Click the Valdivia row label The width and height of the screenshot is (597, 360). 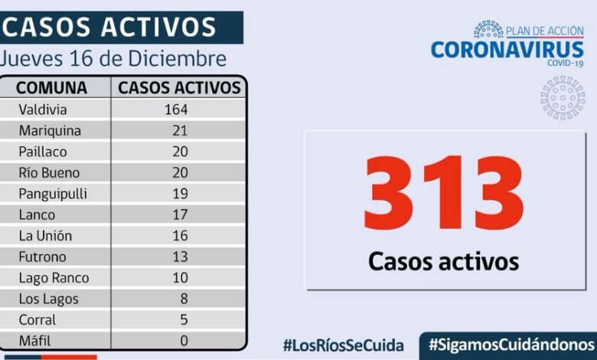click(43, 110)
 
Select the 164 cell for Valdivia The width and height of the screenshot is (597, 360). click(175, 110)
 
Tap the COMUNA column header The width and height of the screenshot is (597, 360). click(51, 87)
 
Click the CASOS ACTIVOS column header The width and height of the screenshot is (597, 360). click(179, 87)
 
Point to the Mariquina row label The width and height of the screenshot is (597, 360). click(50, 130)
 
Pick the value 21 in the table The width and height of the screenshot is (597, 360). click(181, 130)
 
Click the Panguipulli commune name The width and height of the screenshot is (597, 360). click(54, 194)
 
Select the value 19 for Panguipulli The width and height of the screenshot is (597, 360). click(181, 194)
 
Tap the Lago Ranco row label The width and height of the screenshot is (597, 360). click(54, 278)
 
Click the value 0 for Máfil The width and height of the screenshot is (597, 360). click(184, 341)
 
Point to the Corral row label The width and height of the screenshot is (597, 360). click(38, 320)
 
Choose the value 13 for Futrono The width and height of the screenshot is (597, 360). click(181, 257)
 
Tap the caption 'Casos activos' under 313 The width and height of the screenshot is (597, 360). click(443, 260)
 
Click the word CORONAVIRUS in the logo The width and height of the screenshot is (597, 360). click(507, 50)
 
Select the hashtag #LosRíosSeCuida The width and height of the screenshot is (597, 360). click(343, 345)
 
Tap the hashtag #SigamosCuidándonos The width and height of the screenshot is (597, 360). click(511, 343)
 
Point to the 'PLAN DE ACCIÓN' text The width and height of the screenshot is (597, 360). click(545, 31)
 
